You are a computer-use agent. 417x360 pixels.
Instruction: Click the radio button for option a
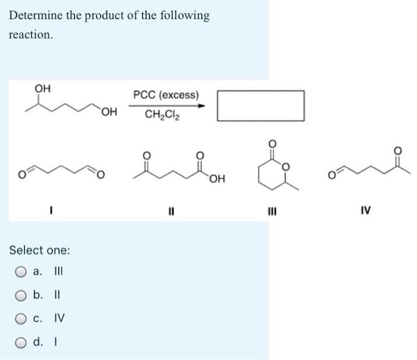pyautogui.click(x=21, y=273)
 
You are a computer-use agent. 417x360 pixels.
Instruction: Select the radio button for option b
pyautogui.click(x=21, y=296)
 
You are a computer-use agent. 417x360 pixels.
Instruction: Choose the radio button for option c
pyautogui.click(x=21, y=319)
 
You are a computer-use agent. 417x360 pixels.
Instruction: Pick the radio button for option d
pyautogui.click(x=21, y=342)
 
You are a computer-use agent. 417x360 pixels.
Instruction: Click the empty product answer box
pyautogui.click(x=260, y=105)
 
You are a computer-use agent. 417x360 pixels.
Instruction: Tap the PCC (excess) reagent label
pyautogui.click(x=166, y=95)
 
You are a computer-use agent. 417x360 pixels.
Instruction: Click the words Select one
pyautogui.click(x=39, y=250)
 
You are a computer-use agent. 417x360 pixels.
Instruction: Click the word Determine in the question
pyautogui.click(x=35, y=15)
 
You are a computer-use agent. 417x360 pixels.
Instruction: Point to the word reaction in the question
pyautogui.click(x=29, y=35)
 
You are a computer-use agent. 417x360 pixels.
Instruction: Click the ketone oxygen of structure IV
pyautogui.click(x=407, y=150)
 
